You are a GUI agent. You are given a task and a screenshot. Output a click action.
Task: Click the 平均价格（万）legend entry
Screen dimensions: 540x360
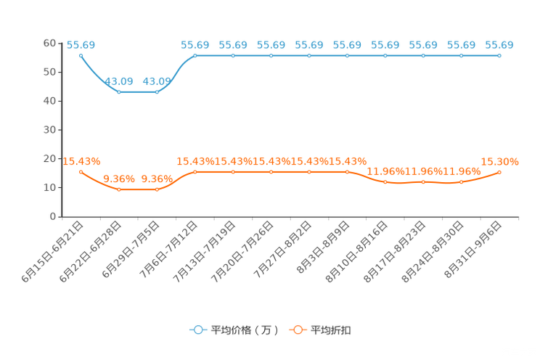click(x=234, y=330)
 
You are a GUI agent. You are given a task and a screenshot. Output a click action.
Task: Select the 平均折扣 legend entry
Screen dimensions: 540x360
click(x=320, y=330)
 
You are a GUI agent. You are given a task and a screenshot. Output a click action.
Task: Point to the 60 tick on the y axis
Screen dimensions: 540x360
click(x=49, y=43)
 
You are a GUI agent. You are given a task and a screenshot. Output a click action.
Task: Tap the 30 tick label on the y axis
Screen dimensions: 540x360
click(x=49, y=130)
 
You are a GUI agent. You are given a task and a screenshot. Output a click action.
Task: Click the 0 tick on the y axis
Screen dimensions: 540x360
click(x=53, y=216)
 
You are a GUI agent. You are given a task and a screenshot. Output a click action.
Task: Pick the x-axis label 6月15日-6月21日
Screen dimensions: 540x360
click(x=53, y=252)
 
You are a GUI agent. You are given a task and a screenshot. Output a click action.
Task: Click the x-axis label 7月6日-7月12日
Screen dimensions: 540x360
click(x=168, y=250)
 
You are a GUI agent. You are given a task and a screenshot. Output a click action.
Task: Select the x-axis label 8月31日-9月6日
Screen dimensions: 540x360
click(x=472, y=250)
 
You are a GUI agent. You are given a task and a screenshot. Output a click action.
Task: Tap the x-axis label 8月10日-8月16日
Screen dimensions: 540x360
click(x=357, y=252)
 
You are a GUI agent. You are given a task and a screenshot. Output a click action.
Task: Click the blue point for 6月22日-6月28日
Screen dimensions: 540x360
click(x=119, y=92)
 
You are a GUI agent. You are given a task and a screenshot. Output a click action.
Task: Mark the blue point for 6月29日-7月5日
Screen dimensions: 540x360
click(x=157, y=92)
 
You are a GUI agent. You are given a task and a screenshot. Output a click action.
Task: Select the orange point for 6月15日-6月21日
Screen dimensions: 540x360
click(x=81, y=172)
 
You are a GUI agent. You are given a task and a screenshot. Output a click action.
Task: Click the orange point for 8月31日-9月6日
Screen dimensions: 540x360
click(x=499, y=172)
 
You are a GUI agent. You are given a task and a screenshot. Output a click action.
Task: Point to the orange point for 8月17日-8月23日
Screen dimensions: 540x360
click(x=423, y=182)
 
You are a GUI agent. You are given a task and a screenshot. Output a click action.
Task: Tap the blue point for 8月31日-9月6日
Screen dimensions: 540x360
click(x=499, y=55)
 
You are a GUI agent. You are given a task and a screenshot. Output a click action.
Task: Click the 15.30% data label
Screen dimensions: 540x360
click(x=499, y=162)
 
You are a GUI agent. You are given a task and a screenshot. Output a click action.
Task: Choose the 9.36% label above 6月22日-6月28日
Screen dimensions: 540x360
click(x=119, y=179)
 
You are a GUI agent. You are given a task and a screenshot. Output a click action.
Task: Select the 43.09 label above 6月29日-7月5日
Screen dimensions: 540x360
click(x=157, y=81)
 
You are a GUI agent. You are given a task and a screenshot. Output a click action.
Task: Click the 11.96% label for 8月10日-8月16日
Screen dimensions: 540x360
click(x=385, y=171)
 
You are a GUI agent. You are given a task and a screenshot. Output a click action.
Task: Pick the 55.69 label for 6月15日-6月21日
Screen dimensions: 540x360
click(x=81, y=45)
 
